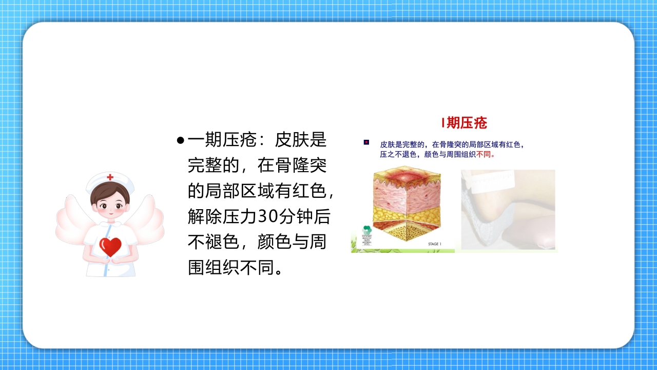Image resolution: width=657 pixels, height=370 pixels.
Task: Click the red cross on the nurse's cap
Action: click(x=110, y=177)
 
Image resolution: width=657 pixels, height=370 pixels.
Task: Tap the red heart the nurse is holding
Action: click(x=110, y=247)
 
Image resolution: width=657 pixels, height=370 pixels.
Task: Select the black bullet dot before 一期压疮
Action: click(x=180, y=140)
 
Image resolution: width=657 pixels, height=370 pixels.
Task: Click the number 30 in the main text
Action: click(x=266, y=217)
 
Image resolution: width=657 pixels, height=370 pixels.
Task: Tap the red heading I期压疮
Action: click(x=464, y=123)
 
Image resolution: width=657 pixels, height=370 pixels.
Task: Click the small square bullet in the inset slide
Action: click(x=366, y=142)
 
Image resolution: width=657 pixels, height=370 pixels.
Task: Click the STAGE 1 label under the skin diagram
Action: click(x=434, y=244)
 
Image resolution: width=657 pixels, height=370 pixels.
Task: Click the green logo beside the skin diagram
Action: click(x=366, y=230)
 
